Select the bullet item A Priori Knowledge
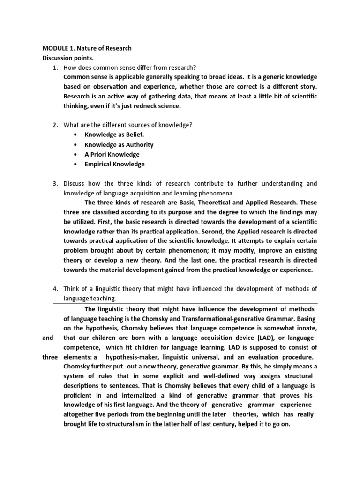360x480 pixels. pyautogui.click(x=112, y=154)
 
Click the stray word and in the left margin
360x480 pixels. pyautogui.click(x=48, y=338)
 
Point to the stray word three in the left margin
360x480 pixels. pyautogui.click(x=49, y=357)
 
